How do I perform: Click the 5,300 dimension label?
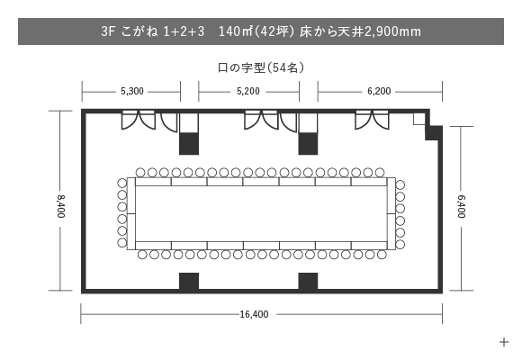pos(132,91)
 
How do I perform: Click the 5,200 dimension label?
pos(248,91)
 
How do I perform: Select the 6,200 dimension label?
pos(379,91)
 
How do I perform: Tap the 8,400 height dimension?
pos(60,206)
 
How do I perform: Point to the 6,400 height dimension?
pos(462,206)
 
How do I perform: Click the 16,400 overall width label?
pos(254,314)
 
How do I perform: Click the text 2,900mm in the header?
pos(392,31)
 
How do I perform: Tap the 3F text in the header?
pos(108,31)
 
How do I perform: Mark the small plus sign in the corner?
pos(504,342)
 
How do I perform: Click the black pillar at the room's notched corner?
pos(434,133)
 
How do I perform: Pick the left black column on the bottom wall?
pos(189,282)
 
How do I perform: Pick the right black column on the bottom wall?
pos(308,282)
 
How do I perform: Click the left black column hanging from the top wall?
pos(189,143)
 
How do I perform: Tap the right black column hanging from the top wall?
pos(308,143)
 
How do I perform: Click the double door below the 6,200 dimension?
pos(372,120)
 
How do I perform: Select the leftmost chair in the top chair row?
pos(140,173)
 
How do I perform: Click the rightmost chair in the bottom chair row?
pos(382,255)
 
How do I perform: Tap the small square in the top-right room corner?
pos(419,119)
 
